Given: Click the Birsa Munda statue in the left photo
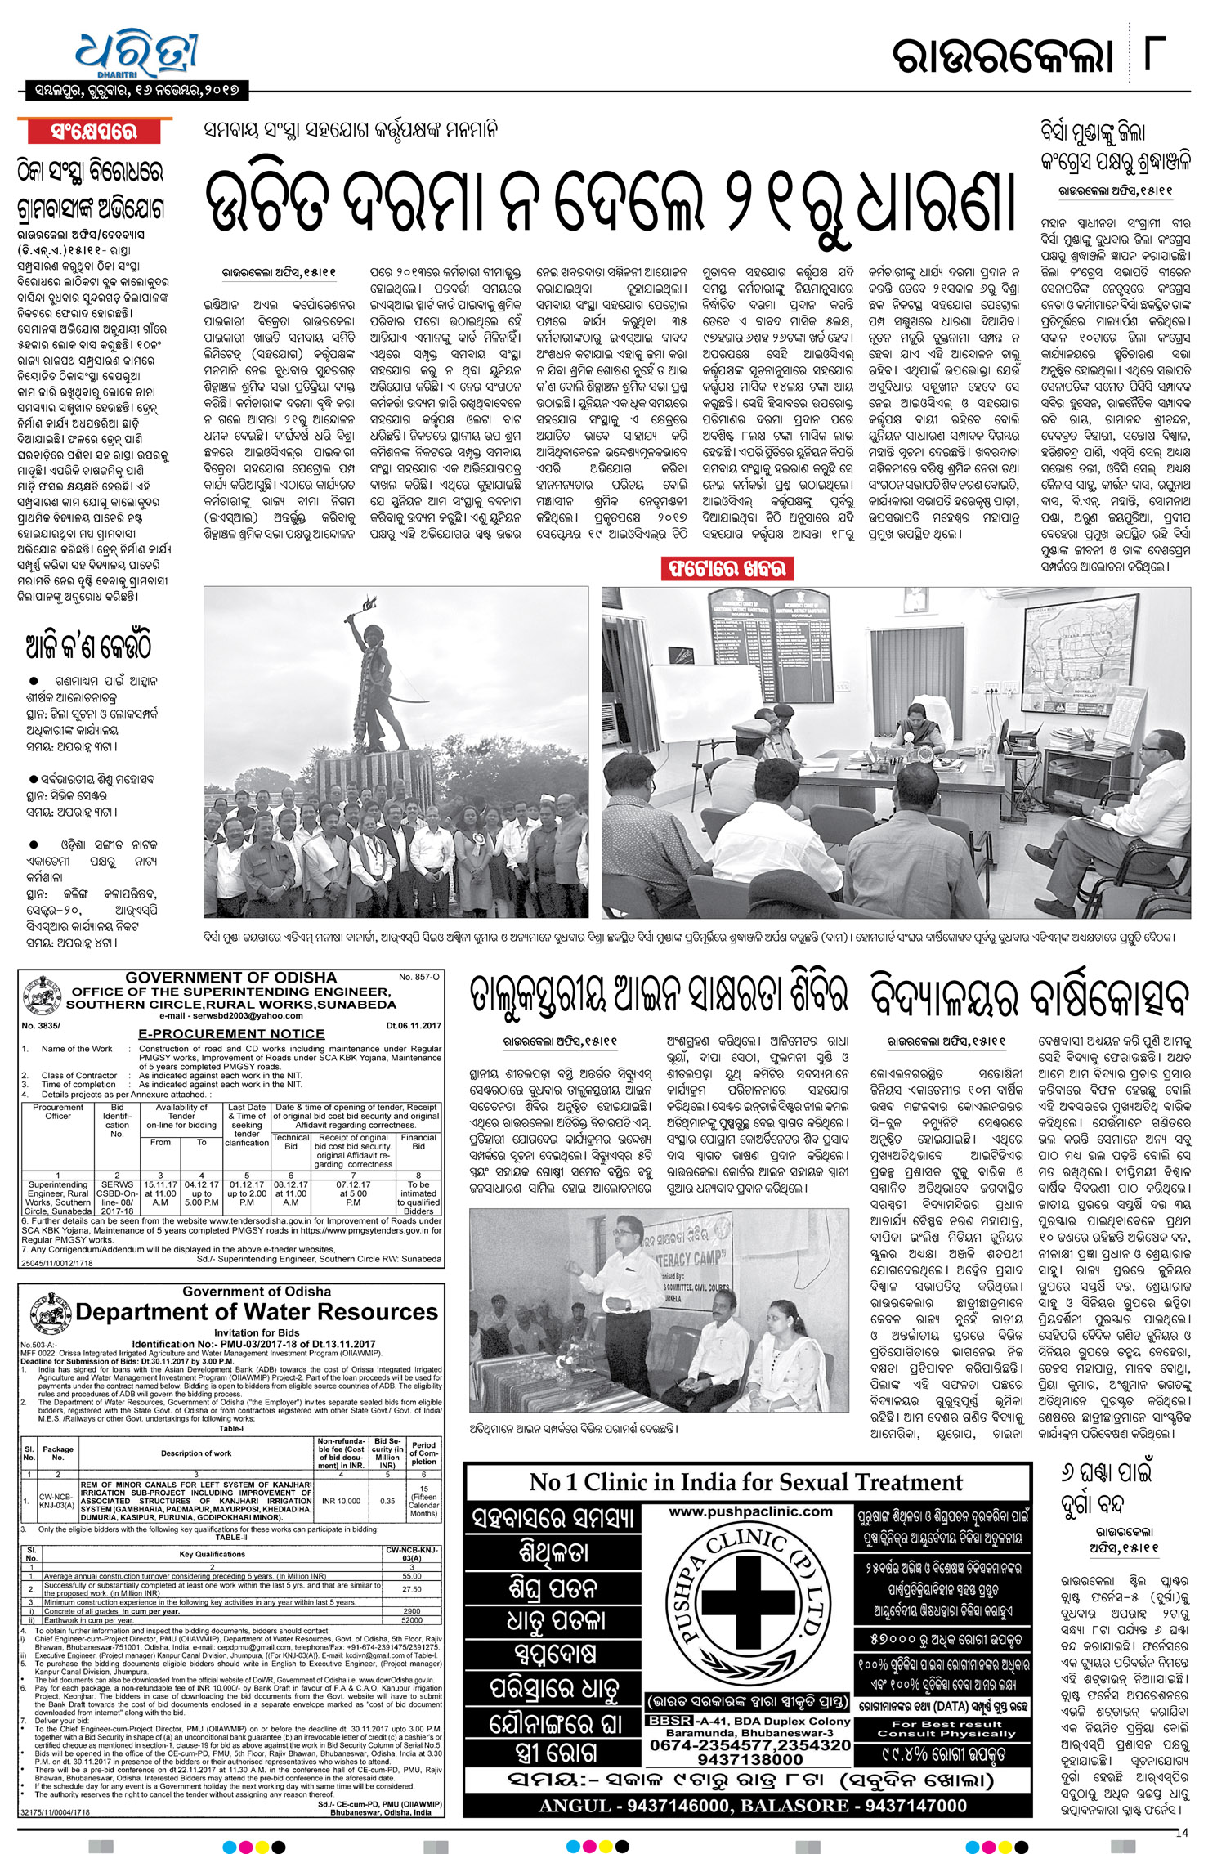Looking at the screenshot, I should (x=378, y=678).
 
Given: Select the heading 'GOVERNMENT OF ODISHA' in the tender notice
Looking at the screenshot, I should (x=230, y=978).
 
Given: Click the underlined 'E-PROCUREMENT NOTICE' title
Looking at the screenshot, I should (x=231, y=1033).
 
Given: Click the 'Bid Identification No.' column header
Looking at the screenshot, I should (x=117, y=1121).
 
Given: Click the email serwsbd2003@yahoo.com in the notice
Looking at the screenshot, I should (x=230, y=1015).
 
